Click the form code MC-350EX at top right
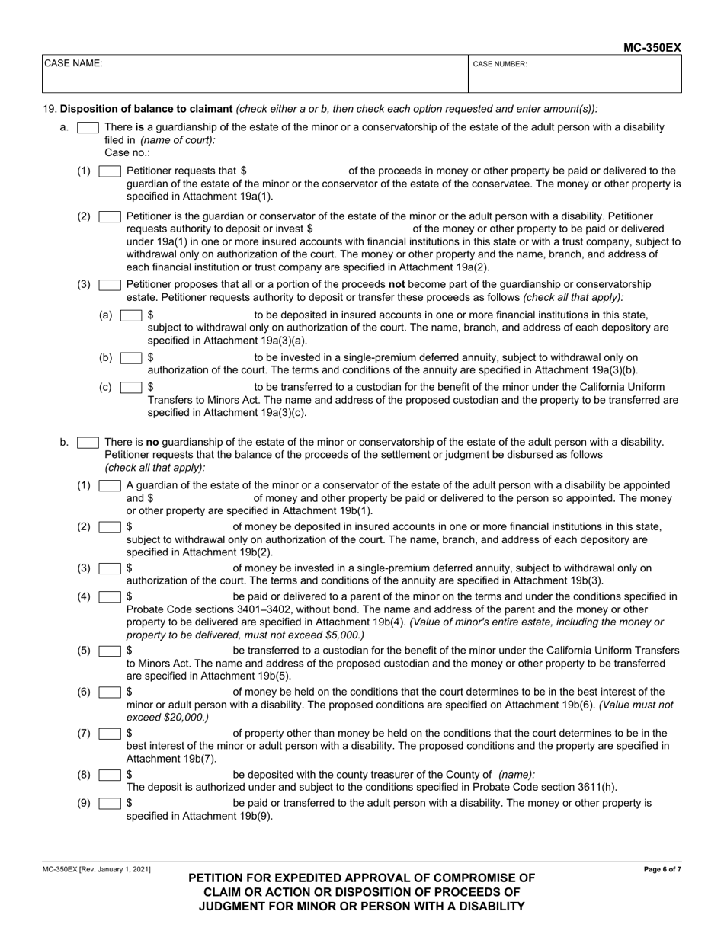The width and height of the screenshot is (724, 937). (x=652, y=47)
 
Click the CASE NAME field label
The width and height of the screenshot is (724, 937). (x=72, y=64)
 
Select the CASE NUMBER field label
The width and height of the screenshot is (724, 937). (x=500, y=65)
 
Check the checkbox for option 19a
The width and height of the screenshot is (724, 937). (x=88, y=127)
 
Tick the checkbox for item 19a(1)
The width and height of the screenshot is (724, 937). (x=110, y=171)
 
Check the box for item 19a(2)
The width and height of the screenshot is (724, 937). (x=110, y=216)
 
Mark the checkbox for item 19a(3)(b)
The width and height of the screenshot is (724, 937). (x=131, y=357)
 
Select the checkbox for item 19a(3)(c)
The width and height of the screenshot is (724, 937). (x=131, y=387)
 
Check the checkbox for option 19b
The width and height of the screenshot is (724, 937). (x=88, y=442)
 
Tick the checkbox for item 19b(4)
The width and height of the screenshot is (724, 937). (x=110, y=596)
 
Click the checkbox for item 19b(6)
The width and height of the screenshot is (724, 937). (x=110, y=692)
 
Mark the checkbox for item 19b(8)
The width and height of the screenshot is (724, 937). (x=110, y=775)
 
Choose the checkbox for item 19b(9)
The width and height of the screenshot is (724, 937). (x=110, y=803)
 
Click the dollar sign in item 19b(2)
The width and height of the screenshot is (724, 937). (x=130, y=527)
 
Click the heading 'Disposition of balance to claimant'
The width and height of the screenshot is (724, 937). (x=146, y=109)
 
